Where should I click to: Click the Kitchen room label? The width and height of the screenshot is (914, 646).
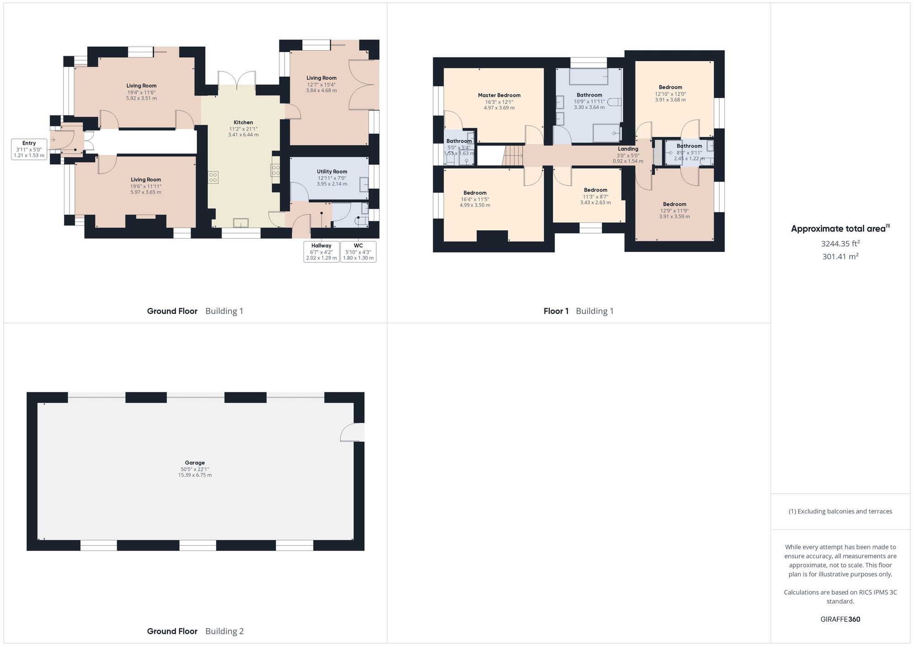point(243,122)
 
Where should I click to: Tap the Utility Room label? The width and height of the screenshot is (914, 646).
point(332,172)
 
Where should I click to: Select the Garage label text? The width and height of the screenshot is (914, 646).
point(195,462)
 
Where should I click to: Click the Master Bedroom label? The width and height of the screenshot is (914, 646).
point(499,95)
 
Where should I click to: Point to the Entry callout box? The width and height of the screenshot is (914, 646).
point(29,149)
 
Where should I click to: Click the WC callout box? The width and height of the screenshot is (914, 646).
point(358,252)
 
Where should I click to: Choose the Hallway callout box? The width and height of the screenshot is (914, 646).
point(321,252)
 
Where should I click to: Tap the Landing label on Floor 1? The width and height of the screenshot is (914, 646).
point(628,149)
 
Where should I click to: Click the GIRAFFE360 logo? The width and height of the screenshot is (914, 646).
point(840,620)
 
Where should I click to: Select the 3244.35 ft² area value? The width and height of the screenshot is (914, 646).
point(840,244)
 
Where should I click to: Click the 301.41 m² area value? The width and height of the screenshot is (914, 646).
point(840,257)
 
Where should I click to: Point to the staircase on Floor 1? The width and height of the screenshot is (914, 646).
point(513,155)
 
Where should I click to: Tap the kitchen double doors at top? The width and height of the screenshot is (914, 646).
point(237,81)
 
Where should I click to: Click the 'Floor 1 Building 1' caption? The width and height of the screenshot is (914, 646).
point(579,311)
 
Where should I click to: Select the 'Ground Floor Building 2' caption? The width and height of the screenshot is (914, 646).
point(195,631)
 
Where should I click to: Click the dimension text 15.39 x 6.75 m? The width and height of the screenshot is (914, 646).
point(195,475)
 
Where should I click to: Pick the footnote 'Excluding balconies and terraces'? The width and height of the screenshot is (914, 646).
point(840,511)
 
